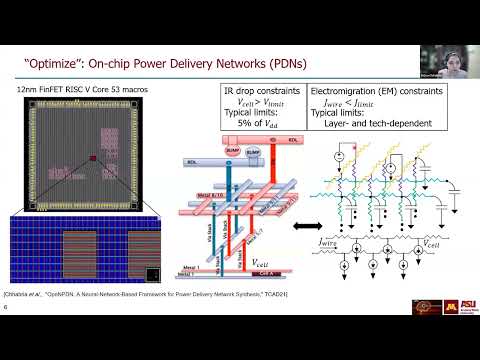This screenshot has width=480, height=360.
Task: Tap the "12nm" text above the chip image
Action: coord(28,91)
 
